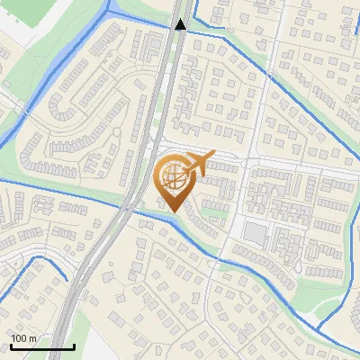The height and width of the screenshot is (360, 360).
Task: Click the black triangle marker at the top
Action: tap(181, 24)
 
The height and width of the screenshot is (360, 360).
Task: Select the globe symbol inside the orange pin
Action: tap(170, 176)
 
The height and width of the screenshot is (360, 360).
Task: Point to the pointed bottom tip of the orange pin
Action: tap(171, 212)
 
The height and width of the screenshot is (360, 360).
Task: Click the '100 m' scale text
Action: tap(23, 338)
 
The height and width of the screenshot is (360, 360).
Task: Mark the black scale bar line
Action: tap(42, 346)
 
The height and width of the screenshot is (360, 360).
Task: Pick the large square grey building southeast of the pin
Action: tap(255, 234)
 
